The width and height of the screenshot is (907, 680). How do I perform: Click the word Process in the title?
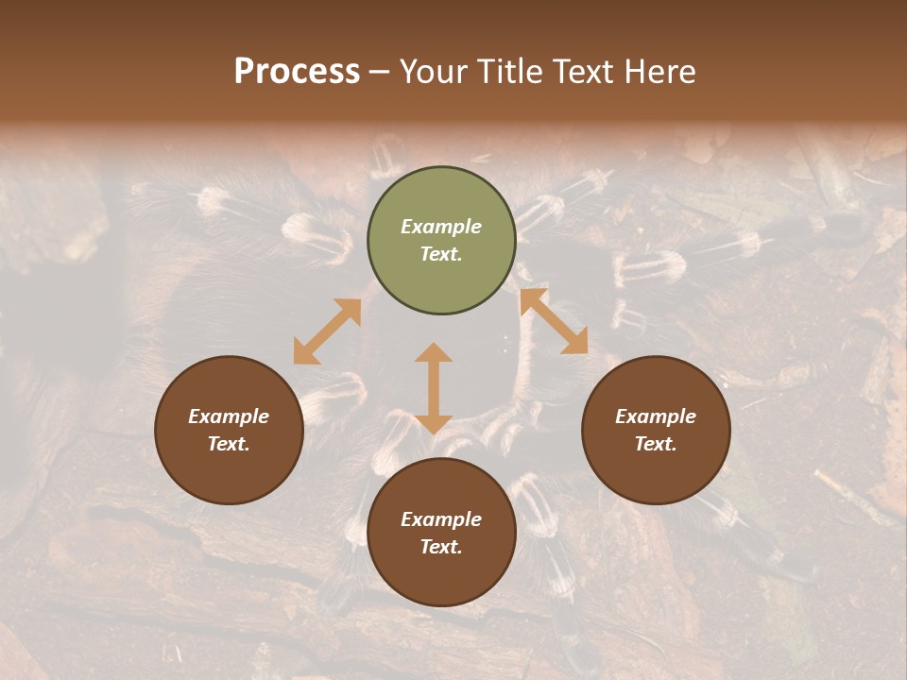coord(297,72)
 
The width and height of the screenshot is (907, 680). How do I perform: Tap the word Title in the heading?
coord(510,72)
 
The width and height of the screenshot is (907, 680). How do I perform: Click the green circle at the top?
coord(441,274)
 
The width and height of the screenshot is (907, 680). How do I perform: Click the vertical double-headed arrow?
coord(434,388)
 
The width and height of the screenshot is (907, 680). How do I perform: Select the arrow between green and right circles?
coord(554,321)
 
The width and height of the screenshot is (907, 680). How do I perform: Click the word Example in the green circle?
coord(441,227)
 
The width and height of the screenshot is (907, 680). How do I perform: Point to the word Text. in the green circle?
coord(441,254)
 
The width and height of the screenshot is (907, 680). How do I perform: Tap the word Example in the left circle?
coord(229,416)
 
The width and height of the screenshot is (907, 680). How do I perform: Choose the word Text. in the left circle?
coord(229,444)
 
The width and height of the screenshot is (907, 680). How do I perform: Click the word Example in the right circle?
coord(656,416)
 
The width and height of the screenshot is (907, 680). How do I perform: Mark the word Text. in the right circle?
coord(656,444)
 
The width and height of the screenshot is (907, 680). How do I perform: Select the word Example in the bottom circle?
coord(441,519)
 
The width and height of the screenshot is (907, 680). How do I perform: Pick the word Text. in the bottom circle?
coord(441,547)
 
